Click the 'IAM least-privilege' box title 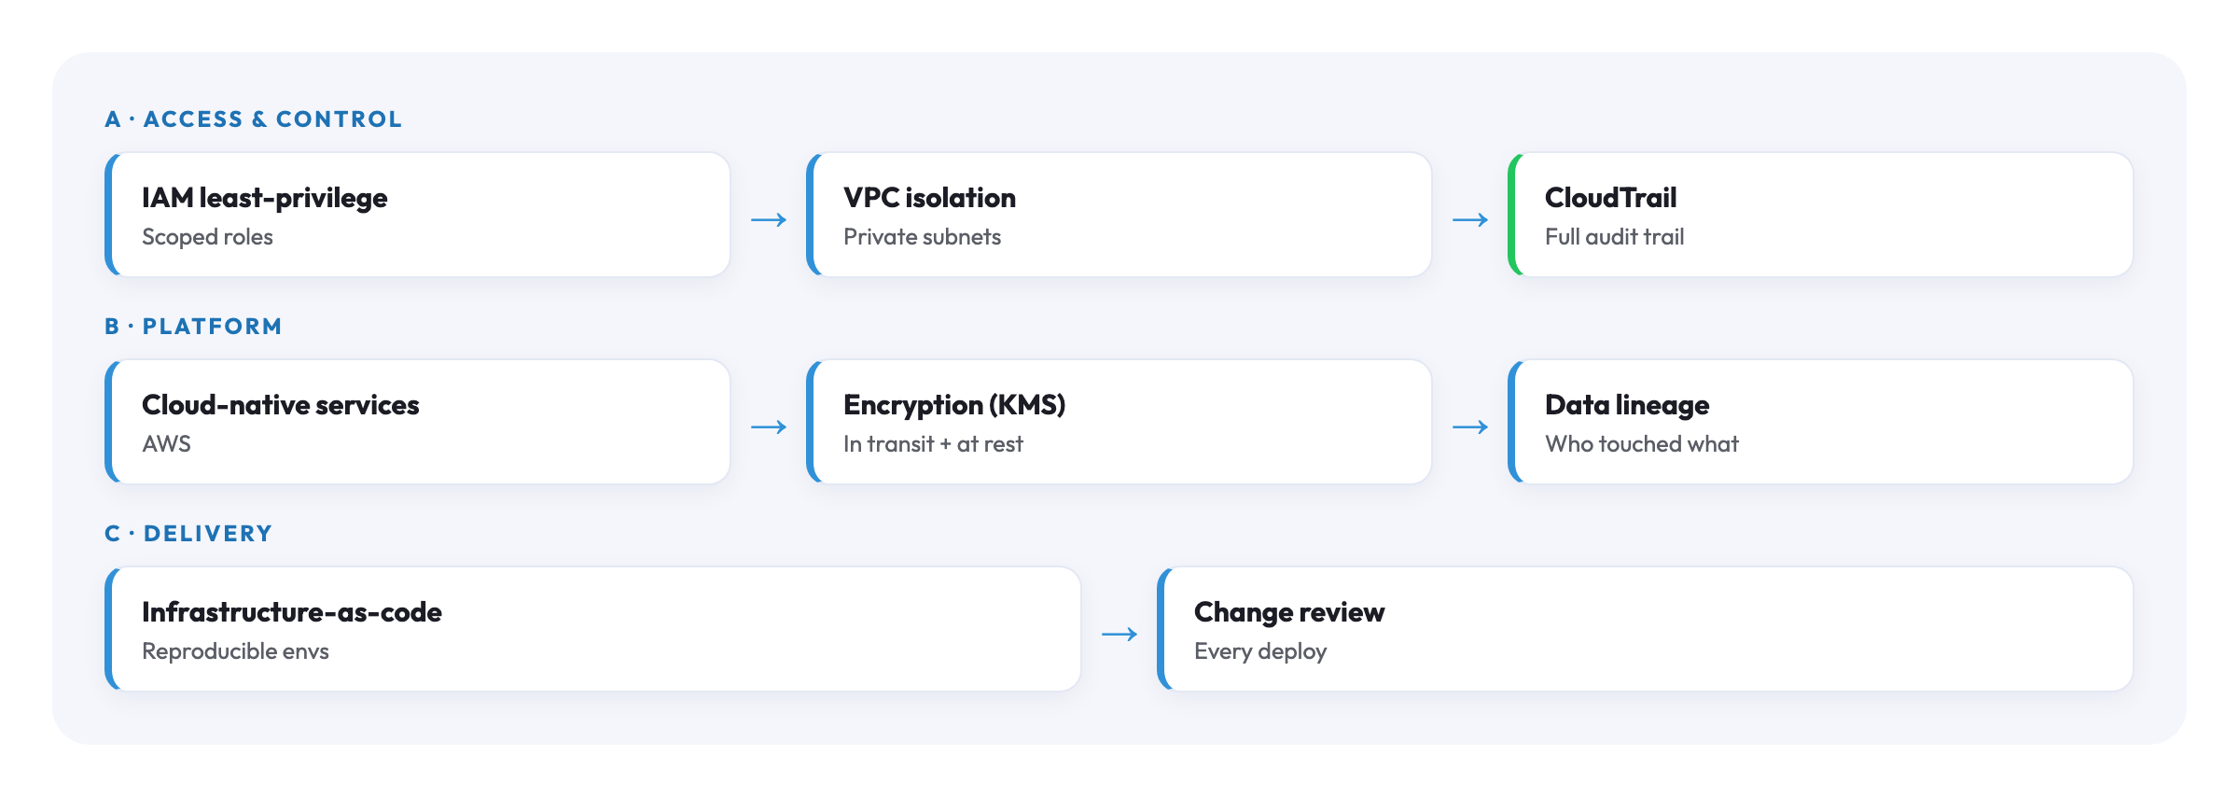[x=264, y=199]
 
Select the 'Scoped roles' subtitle [x=207, y=237]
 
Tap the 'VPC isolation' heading [x=929, y=198]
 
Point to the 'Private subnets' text [x=922, y=237]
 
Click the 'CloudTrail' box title [x=1610, y=198]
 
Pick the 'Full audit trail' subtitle [x=1614, y=237]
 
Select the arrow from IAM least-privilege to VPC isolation [x=769, y=220]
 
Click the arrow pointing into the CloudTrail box [x=1470, y=220]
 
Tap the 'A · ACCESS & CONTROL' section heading [x=253, y=119]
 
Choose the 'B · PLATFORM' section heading [x=193, y=327]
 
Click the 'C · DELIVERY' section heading [x=188, y=534]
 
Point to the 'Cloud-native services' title [x=280, y=405]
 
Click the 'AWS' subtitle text [x=166, y=444]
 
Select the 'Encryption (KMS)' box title [x=954, y=405]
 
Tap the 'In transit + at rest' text [x=933, y=444]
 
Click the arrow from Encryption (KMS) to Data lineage [x=1470, y=427]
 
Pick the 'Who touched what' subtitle [x=1642, y=444]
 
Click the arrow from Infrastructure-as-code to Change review [x=1119, y=635]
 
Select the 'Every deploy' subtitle [x=1260, y=651]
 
